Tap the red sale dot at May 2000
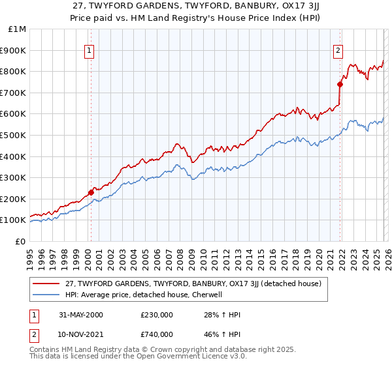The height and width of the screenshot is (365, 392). click(x=91, y=192)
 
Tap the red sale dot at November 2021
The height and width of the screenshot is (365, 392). click(x=340, y=84)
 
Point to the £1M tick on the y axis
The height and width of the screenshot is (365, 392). click(x=18, y=29)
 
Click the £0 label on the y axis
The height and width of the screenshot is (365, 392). click(x=20, y=241)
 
